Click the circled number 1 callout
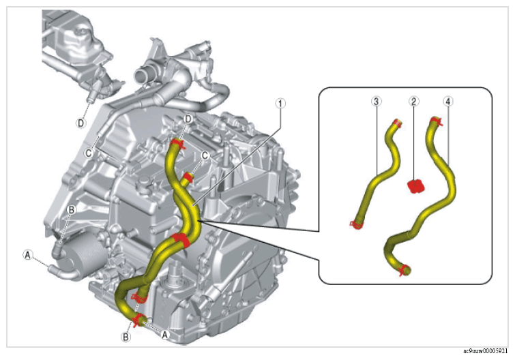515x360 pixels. pyautogui.click(x=280, y=104)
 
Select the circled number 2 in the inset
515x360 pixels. pyautogui.click(x=414, y=101)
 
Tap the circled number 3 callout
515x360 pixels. pyautogui.click(x=377, y=101)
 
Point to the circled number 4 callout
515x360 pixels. pyautogui.click(x=448, y=101)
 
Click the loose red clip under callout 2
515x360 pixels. pyautogui.click(x=416, y=186)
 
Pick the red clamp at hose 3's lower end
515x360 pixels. pyautogui.click(x=357, y=224)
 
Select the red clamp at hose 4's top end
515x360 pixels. pyautogui.click(x=436, y=121)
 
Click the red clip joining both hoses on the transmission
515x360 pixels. pyautogui.click(x=180, y=240)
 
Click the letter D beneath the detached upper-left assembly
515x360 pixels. pyautogui.click(x=80, y=123)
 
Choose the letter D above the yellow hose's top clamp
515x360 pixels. pyautogui.click(x=188, y=119)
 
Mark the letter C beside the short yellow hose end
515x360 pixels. pyautogui.click(x=205, y=155)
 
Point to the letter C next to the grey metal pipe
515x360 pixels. pyautogui.click(x=89, y=153)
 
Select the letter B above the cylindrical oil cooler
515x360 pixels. pyautogui.click(x=71, y=210)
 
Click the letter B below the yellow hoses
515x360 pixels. pyautogui.click(x=126, y=337)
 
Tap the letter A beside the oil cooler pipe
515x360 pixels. pyautogui.click(x=28, y=254)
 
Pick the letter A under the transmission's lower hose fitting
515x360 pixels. pyautogui.click(x=165, y=334)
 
